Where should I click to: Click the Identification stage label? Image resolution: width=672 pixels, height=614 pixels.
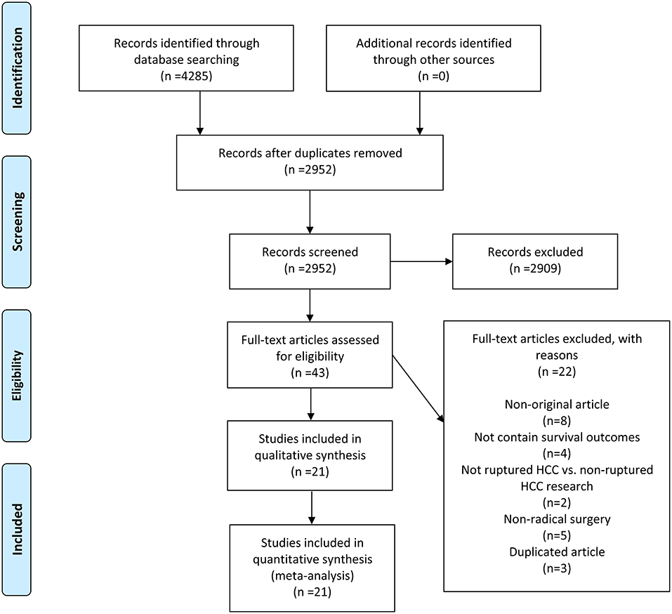[17, 67]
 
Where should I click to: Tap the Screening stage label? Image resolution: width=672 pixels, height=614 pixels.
[17, 222]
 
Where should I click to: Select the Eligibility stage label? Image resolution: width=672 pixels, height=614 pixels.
[17, 376]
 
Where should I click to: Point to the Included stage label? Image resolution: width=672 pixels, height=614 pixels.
[17, 530]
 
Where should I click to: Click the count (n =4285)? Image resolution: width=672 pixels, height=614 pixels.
[186, 76]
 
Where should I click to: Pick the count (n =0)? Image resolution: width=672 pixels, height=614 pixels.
[433, 76]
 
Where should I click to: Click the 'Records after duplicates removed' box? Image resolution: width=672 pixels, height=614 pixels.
[310, 162]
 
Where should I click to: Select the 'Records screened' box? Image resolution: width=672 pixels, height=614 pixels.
[310, 261]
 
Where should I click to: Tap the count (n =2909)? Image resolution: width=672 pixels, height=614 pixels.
[535, 268]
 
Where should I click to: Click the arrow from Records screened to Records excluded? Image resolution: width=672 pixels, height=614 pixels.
[421, 261]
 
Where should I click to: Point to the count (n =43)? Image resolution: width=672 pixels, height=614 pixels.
[310, 372]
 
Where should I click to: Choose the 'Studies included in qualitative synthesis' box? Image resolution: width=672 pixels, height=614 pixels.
[310, 455]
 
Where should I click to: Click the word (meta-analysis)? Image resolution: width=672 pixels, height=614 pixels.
[312, 575]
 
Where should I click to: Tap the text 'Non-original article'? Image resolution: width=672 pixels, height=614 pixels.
[557, 405]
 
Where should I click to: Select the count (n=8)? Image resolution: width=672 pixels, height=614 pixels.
[557, 421]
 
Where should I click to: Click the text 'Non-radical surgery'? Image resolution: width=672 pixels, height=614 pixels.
[557, 519]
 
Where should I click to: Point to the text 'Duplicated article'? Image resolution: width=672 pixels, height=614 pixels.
[557, 552]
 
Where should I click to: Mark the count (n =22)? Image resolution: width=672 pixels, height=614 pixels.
[557, 372]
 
